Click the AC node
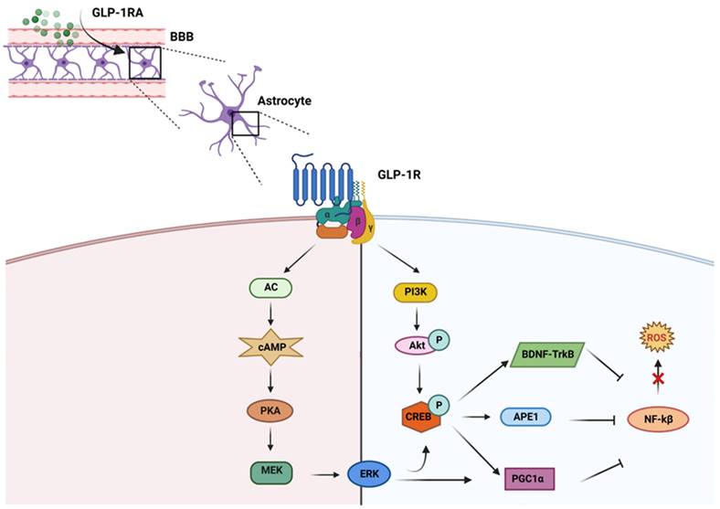270,288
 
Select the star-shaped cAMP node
270,348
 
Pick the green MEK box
270,472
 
